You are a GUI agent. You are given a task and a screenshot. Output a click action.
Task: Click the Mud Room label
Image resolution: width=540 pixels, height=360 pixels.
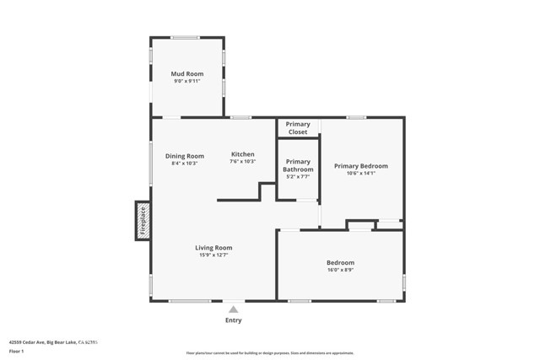[x=187, y=74]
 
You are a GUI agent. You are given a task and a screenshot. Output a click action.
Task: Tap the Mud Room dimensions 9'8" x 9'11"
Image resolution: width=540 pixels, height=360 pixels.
[x=187, y=82]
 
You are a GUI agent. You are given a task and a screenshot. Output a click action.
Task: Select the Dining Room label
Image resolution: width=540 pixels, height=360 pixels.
[x=184, y=155]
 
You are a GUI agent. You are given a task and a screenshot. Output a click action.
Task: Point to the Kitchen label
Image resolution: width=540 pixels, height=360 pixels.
[x=242, y=154]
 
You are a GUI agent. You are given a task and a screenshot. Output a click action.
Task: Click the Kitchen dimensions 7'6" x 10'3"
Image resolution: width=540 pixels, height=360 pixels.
[x=242, y=162]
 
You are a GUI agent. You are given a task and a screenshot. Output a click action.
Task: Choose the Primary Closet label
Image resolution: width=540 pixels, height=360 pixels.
[x=298, y=128]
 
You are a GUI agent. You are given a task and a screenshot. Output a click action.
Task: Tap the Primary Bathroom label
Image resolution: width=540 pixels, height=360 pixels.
[x=298, y=165]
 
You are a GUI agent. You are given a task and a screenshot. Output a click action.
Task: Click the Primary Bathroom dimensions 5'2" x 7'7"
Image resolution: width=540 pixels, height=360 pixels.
[x=298, y=177]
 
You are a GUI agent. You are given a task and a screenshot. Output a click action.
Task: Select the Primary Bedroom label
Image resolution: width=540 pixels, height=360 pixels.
[x=361, y=166]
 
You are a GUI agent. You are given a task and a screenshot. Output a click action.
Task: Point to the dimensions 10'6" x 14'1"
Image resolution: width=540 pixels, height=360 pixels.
[x=361, y=174]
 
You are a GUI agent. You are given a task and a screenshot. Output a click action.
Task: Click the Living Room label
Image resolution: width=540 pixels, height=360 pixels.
[x=213, y=247]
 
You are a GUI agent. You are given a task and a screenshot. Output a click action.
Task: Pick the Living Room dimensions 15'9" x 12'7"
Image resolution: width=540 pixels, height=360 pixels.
[x=213, y=255]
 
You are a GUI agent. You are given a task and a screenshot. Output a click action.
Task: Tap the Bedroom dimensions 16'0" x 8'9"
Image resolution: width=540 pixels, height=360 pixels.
[x=341, y=271]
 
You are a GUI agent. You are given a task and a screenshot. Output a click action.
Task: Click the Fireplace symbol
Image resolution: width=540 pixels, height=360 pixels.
[x=143, y=220]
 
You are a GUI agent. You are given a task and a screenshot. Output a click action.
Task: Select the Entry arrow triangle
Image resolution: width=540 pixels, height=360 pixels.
[x=234, y=309]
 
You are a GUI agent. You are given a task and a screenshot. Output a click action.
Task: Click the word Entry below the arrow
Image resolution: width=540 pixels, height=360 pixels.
[x=234, y=320]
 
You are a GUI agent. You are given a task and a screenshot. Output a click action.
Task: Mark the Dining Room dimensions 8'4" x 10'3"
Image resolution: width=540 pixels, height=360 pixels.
[x=184, y=164]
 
